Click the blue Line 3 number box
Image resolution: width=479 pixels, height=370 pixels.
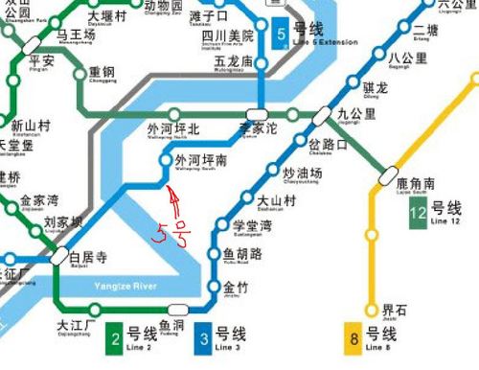(x=203, y=336)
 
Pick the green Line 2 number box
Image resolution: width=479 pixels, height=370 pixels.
(x=114, y=336)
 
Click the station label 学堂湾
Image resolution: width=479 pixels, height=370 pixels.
(x=253, y=227)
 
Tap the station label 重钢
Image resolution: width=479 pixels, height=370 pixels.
(x=102, y=74)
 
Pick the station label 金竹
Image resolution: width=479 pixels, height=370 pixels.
(x=236, y=288)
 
